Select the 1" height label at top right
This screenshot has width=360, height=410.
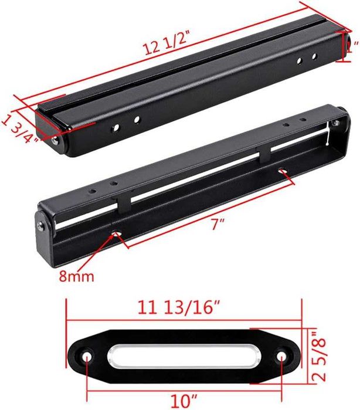pyautogui.click(x=352, y=46)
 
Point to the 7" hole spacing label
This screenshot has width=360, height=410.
pyautogui.click(x=218, y=224)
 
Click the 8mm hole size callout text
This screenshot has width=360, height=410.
pyautogui.click(x=76, y=276)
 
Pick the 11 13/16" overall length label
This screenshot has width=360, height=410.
pyautogui.click(x=179, y=307)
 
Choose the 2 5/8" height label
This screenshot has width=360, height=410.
pyautogui.click(x=319, y=356)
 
